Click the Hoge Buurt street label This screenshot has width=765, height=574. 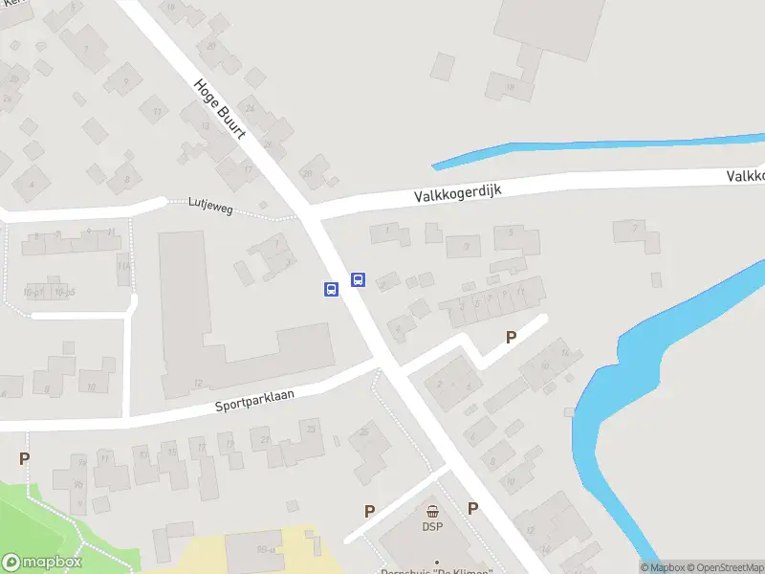click(220, 108)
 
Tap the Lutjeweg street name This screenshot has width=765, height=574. click(212, 203)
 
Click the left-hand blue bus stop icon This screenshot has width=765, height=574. click(331, 289)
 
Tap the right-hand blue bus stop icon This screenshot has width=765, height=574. click(359, 279)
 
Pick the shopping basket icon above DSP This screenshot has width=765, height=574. click(432, 512)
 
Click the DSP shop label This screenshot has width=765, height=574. click(432, 525)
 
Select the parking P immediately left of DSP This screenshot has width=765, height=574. click(368, 511)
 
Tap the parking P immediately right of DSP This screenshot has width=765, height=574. click(472, 508)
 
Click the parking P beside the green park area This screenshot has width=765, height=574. click(24, 458)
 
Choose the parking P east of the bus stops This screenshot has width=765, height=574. click(511, 337)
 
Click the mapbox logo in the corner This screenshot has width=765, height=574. click(42, 563)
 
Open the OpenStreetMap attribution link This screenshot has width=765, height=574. click(724, 567)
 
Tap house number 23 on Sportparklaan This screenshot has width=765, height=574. click(311, 428)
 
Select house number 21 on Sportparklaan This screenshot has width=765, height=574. click(265, 437)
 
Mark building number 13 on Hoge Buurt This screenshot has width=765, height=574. click(205, 127)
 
